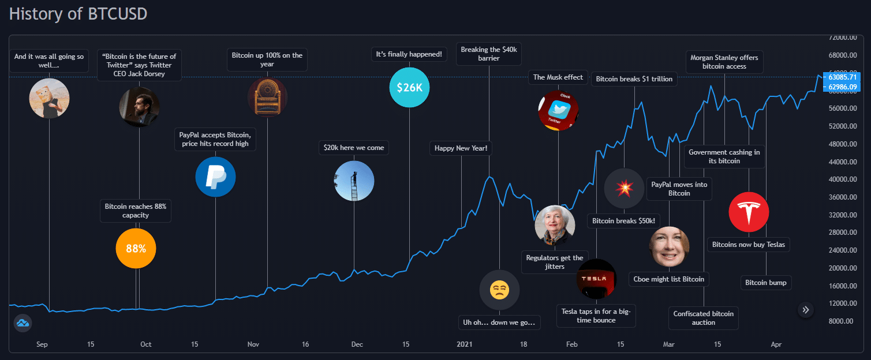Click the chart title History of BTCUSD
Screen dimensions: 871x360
click(x=78, y=14)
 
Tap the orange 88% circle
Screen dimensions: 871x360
click(x=136, y=249)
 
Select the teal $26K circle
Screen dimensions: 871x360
click(x=409, y=88)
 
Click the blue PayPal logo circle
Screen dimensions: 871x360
click(x=215, y=177)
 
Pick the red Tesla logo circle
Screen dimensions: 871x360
click(x=749, y=212)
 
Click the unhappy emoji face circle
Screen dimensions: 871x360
click(x=499, y=290)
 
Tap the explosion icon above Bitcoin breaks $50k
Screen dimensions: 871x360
click(x=624, y=188)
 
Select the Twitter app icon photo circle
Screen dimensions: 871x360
click(x=558, y=110)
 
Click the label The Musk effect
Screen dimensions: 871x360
click(x=558, y=77)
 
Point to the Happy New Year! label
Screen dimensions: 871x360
click(x=461, y=148)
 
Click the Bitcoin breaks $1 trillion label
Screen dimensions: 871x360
click(x=634, y=79)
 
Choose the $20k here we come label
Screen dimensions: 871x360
click(x=354, y=148)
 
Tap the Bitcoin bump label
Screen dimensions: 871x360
click(x=766, y=283)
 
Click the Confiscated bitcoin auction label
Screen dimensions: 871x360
click(x=704, y=318)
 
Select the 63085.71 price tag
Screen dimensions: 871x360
click(x=844, y=77)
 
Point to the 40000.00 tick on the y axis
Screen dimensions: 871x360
click(x=836, y=179)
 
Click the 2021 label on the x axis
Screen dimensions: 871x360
click(x=465, y=344)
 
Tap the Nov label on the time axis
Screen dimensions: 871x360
click(x=253, y=344)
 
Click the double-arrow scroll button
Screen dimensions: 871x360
click(x=806, y=310)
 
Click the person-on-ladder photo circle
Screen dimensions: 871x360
click(x=354, y=181)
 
